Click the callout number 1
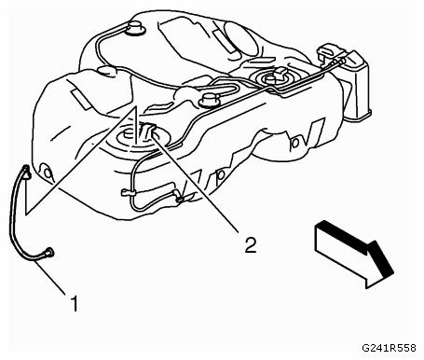click(x=74, y=303)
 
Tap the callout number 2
click(x=251, y=244)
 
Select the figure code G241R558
click(x=389, y=348)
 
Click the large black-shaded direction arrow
click(x=354, y=254)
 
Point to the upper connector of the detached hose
click(x=26, y=172)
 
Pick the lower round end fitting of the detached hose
click(x=49, y=252)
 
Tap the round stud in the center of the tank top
click(x=209, y=100)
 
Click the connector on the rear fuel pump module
click(x=280, y=74)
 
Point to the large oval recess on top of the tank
click(x=240, y=38)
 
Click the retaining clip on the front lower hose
click(x=127, y=193)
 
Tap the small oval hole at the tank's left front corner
click(x=47, y=172)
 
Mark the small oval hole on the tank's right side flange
click(x=294, y=143)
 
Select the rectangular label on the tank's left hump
click(x=81, y=98)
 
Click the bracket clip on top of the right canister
click(x=330, y=49)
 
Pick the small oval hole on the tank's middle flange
click(x=221, y=175)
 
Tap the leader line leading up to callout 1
click(x=51, y=278)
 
